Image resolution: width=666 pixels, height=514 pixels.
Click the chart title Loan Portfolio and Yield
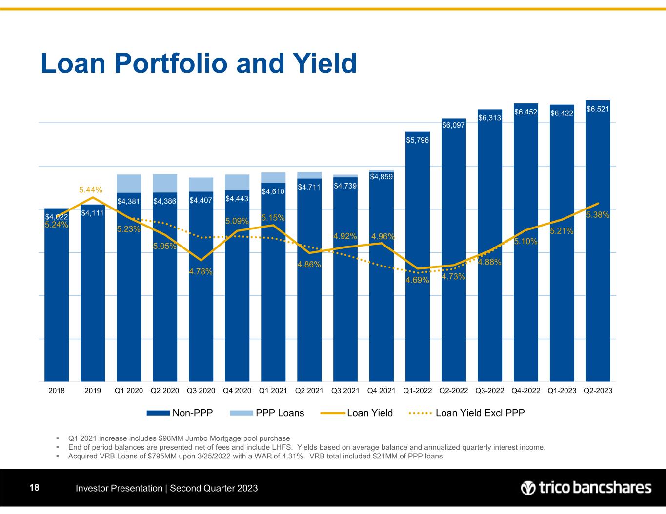point(199,63)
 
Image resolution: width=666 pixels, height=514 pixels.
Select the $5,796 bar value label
point(417,140)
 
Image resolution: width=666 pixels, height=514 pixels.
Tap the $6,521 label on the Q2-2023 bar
point(598,109)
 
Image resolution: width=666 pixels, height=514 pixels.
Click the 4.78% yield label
point(201,271)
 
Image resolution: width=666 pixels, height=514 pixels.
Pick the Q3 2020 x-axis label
point(201,391)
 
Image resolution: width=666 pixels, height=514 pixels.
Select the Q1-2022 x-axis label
point(417,391)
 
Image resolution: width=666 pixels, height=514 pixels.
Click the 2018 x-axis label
point(56,391)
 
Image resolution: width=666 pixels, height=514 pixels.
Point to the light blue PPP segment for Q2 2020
point(165,183)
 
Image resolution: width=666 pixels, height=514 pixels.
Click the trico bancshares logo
point(585,488)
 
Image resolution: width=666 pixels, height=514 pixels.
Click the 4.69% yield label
point(417,280)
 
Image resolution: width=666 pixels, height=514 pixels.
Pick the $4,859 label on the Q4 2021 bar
point(381,176)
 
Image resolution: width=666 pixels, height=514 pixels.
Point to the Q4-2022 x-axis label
point(525,391)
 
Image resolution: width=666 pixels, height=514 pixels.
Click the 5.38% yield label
point(598,215)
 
